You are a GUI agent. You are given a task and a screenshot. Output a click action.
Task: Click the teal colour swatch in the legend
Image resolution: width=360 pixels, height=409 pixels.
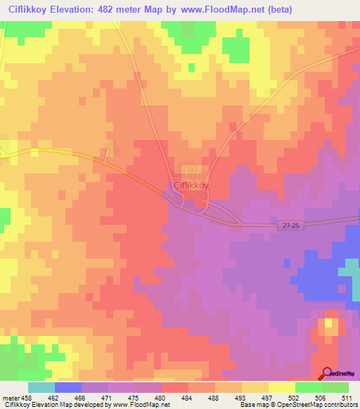[x=41, y=387]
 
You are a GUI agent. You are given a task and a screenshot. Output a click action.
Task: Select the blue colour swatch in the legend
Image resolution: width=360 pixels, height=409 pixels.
[x=68, y=387]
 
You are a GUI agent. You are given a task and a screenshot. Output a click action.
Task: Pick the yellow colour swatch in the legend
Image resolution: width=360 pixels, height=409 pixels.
[x=281, y=387]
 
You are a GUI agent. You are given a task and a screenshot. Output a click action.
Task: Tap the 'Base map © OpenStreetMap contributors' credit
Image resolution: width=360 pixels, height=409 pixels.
[x=298, y=405]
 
